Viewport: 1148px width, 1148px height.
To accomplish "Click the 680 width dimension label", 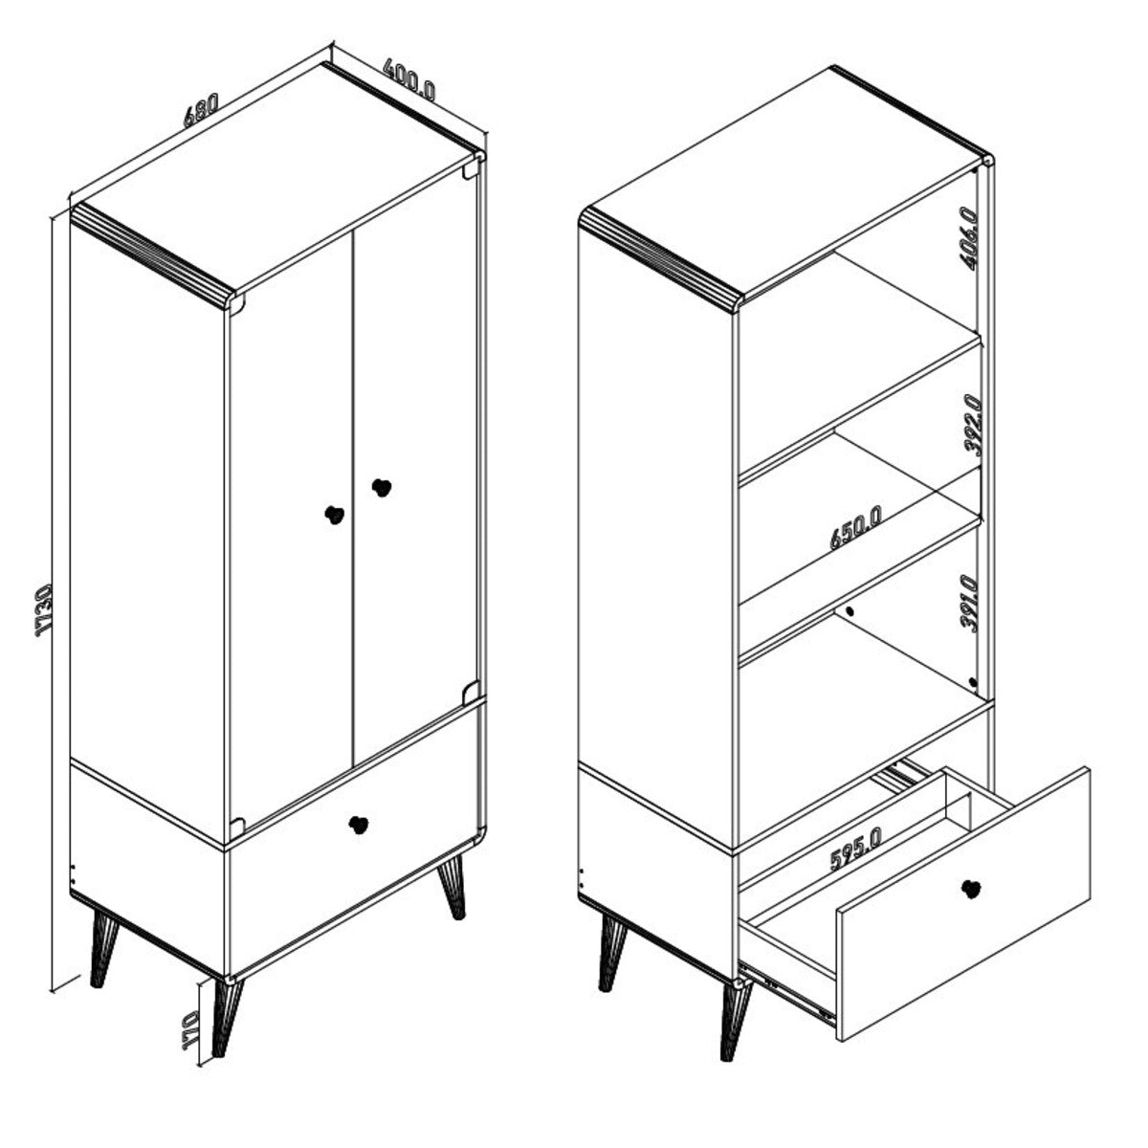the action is pyautogui.click(x=201, y=110).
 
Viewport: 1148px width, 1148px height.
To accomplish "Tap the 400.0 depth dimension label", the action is pyautogui.click(x=409, y=78).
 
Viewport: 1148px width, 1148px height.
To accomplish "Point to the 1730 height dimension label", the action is pyautogui.click(x=45, y=610).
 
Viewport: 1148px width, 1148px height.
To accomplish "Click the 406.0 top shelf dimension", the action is pyautogui.click(x=969, y=238).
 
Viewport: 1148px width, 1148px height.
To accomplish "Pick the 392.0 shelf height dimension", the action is pyautogui.click(x=970, y=425).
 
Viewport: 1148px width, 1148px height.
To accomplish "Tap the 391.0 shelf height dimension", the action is pyautogui.click(x=969, y=603).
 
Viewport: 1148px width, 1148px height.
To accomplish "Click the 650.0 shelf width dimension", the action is pyautogui.click(x=856, y=527).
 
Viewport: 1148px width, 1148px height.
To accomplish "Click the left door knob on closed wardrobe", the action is pyautogui.click(x=336, y=514).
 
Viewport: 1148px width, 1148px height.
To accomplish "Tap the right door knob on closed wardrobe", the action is pyautogui.click(x=382, y=487).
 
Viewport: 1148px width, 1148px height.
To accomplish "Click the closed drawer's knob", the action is pyautogui.click(x=359, y=825).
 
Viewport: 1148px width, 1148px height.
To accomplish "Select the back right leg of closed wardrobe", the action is pyautogui.click(x=453, y=887).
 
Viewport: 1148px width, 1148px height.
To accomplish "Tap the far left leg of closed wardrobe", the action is pyautogui.click(x=102, y=947).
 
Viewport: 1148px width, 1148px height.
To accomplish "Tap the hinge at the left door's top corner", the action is pyautogui.click(x=236, y=305).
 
